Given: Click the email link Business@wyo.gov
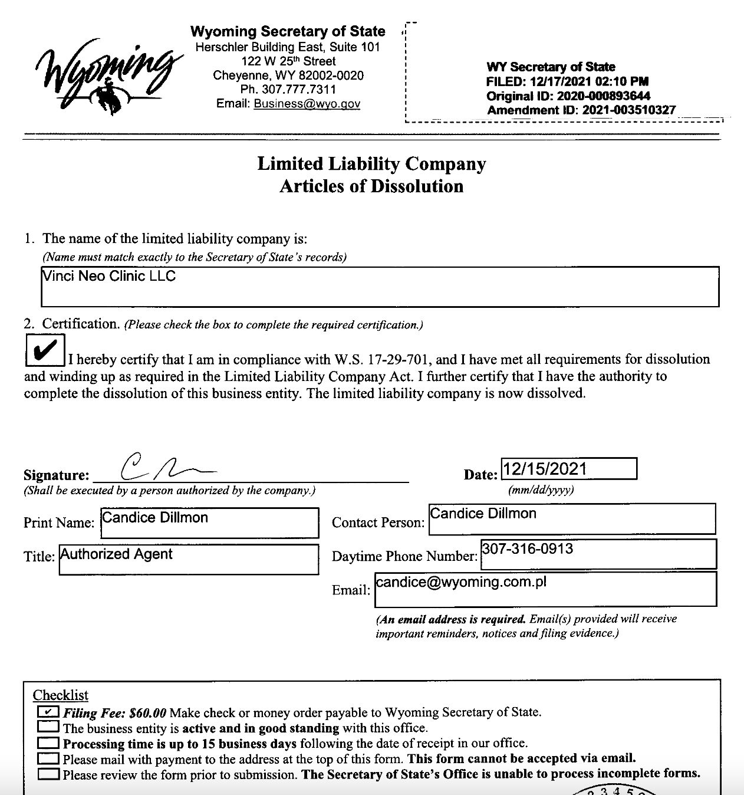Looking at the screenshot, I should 307,104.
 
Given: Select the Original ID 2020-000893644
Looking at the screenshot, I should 603,96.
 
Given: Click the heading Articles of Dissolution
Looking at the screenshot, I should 371,186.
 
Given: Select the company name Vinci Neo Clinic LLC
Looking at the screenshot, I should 110,276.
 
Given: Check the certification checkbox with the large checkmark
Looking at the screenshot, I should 45,350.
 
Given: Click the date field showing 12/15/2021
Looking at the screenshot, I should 568,469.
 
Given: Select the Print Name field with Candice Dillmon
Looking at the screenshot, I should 209,523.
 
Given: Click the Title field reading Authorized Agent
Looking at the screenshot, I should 189,559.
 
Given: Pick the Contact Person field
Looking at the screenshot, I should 571,519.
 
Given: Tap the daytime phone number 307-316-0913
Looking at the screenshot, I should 527,549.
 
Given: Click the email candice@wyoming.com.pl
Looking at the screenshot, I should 461,582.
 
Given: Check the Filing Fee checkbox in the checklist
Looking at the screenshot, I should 48,712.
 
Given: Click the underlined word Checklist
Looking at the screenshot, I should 61,695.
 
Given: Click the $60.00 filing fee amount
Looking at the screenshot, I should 147,712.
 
